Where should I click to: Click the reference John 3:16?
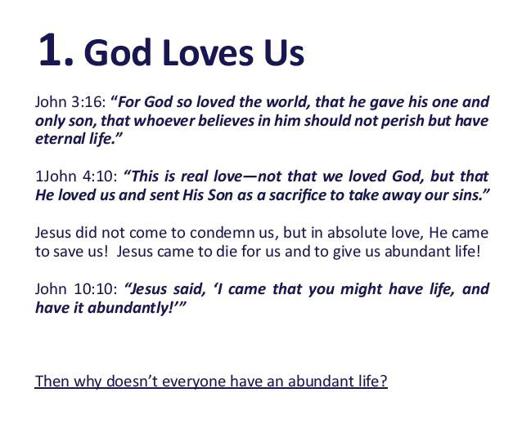(x=70, y=103)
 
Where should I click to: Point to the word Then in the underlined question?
(x=51, y=382)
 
